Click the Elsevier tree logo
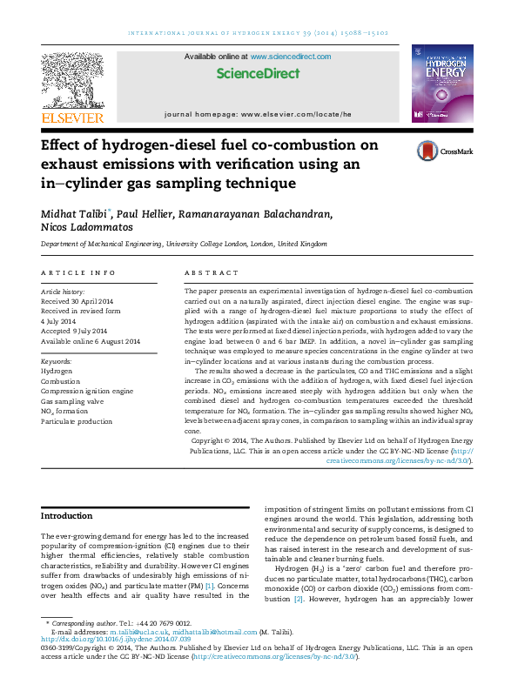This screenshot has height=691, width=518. point(74,80)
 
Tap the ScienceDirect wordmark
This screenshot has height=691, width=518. point(258,74)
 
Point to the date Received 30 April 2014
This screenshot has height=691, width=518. point(84,301)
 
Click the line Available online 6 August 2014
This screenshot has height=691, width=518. point(91,341)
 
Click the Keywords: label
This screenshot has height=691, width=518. point(57,360)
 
